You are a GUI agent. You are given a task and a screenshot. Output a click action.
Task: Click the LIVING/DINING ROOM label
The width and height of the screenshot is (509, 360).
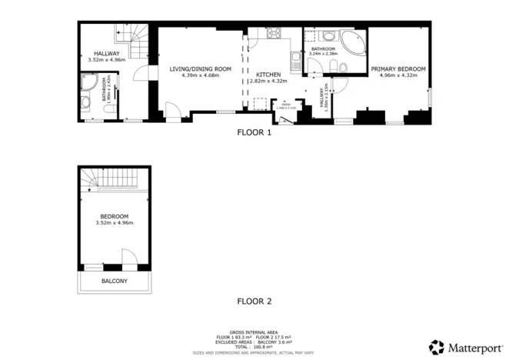click(x=200, y=68)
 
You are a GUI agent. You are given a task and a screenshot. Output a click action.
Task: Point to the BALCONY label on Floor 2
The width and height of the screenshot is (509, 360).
click(x=115, y=282)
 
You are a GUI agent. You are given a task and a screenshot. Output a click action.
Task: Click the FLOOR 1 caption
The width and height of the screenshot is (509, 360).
click(x=254, y=132)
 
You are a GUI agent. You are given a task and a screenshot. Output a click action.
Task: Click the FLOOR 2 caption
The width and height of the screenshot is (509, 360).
click(x=254, y=301)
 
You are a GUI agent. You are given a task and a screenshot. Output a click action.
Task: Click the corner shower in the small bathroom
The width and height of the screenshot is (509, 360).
click(x=87, y=83)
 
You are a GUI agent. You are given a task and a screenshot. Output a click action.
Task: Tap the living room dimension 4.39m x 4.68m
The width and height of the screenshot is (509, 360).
click(x=200, y=75)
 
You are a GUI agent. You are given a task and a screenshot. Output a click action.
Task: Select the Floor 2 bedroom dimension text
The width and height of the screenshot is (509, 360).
click(x=114, y=223)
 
